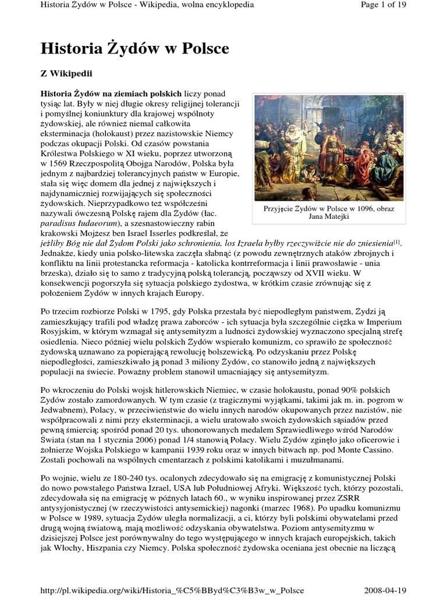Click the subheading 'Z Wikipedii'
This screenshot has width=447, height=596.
pyautogui.click(x=66, y=74)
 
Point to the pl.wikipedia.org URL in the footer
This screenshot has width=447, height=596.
pyautogui.click(x=172, y=590)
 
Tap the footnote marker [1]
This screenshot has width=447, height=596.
pyautogui.click(x=398, y=242)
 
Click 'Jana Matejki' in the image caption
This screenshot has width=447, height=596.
pyautogui.click(x=321, y=217)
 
